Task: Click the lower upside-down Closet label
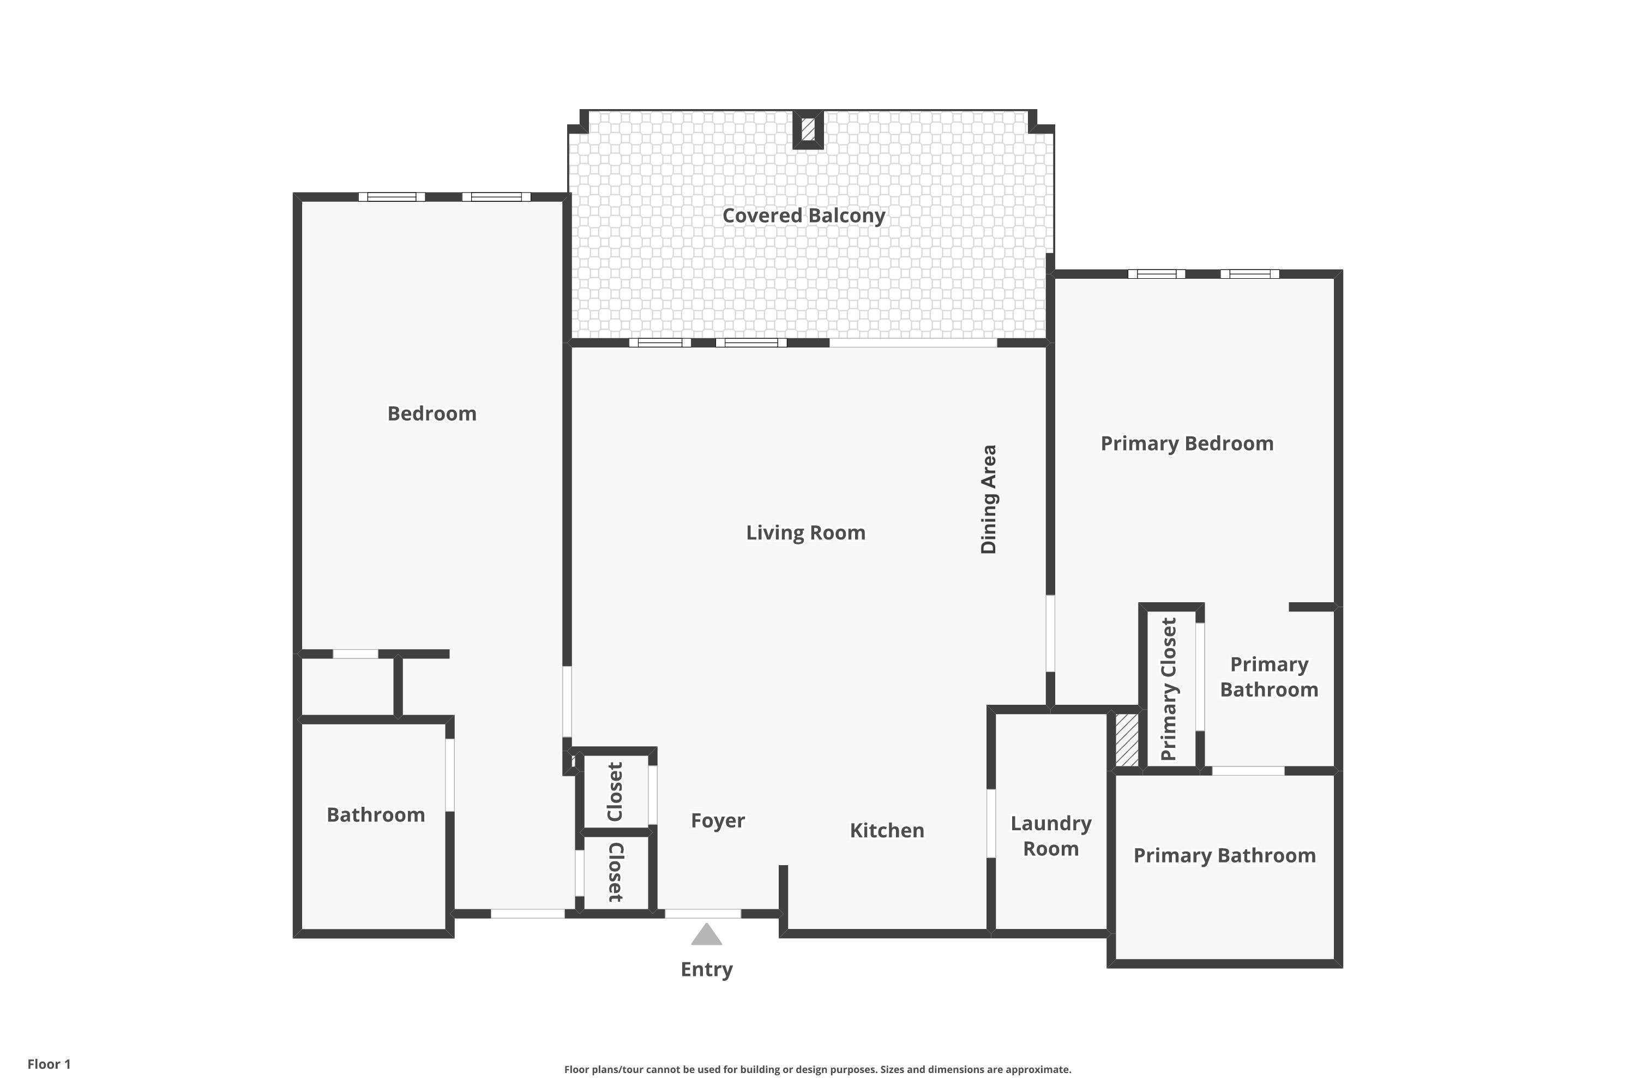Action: (616, 872)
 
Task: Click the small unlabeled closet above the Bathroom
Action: (348, 687)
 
